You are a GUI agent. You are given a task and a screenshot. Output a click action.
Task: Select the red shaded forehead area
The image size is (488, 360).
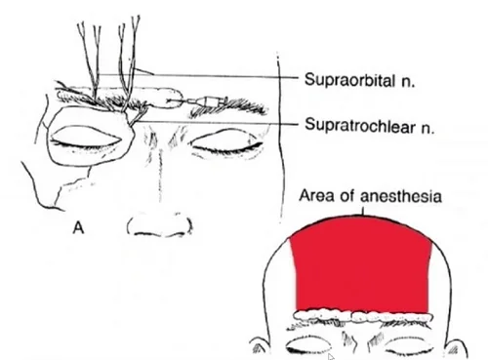[361, 263]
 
